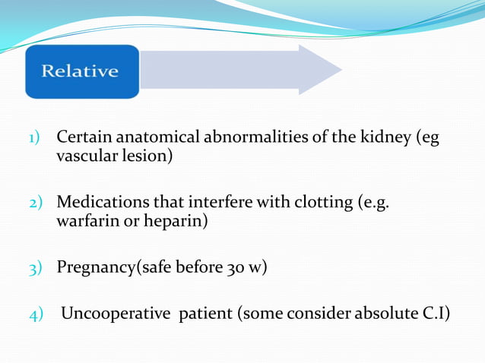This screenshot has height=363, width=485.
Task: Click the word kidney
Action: click(x=386, y=138)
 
